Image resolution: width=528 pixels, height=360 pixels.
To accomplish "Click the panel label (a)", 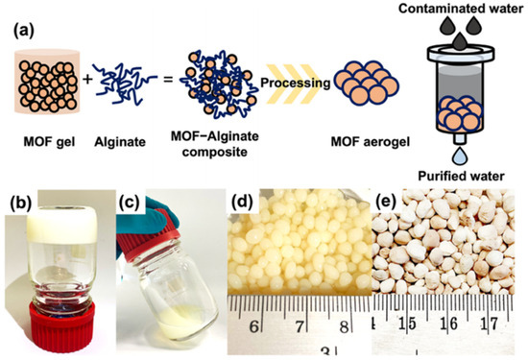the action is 23,29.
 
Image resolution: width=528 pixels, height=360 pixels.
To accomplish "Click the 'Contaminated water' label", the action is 464,9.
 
